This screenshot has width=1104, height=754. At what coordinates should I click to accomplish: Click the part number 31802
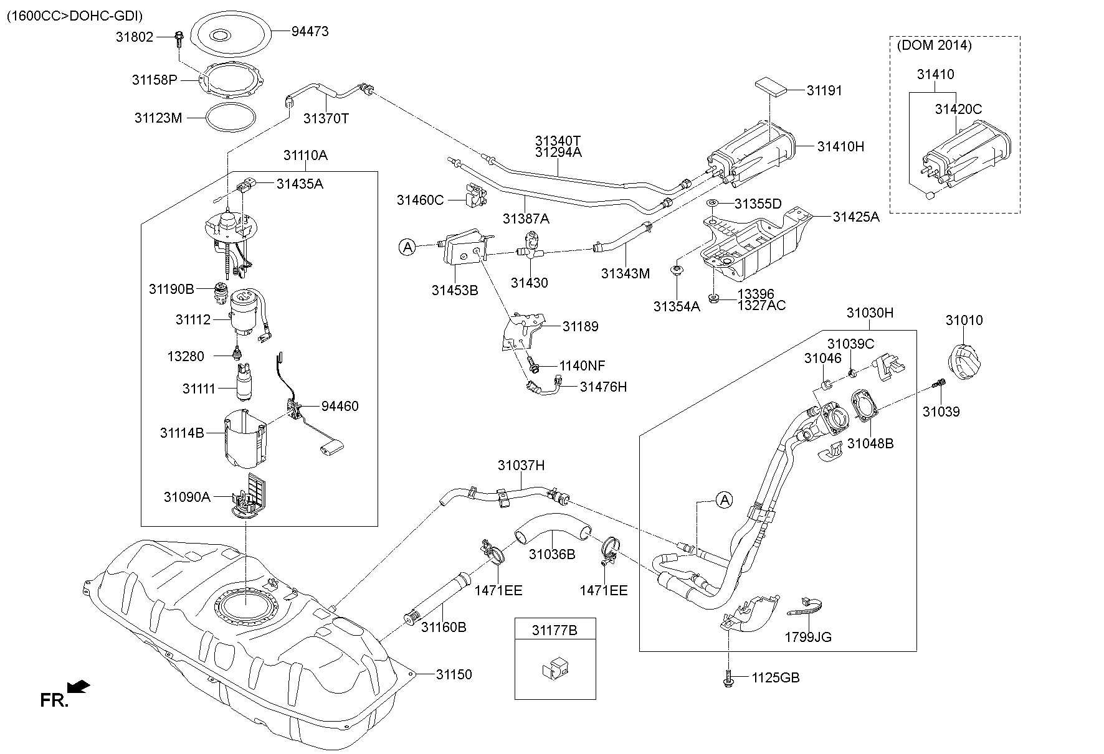coord(134,37)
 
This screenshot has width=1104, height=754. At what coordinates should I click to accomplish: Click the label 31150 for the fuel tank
coord(454,674)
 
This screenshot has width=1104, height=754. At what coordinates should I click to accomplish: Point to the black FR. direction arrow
coord(79,687)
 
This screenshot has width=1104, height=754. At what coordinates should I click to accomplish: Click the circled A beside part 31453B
coord(407,247)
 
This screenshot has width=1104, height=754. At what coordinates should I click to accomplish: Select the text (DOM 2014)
coord(934,45)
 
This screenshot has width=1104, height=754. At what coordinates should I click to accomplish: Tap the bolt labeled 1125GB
coord(728,679)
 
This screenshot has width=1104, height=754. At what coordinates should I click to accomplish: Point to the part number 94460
coord(340,406)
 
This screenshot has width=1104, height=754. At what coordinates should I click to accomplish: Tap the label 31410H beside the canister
coord(840,146)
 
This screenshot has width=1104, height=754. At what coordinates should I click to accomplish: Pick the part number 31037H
coord(521,465)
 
